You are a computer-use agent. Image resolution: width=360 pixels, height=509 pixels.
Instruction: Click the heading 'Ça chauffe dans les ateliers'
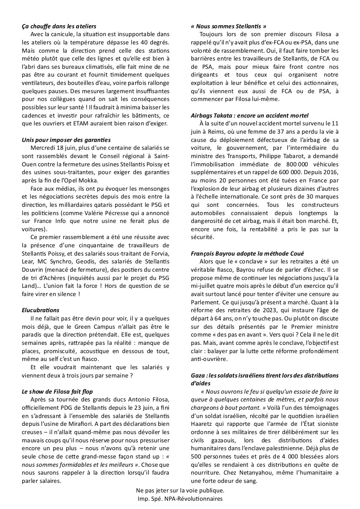coord(59,27)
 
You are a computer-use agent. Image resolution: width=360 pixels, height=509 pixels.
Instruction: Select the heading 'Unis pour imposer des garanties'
coord(66,140)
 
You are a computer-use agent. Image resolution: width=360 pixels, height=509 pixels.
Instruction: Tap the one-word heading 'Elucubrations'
coord(41,310)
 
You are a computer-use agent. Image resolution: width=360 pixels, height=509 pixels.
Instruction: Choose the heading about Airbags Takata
coord(256,115)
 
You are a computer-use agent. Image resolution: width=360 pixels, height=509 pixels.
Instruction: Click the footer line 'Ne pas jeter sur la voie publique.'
coord(180,491)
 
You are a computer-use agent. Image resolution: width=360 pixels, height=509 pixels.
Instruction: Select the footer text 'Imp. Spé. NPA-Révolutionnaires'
coord(180,499)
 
